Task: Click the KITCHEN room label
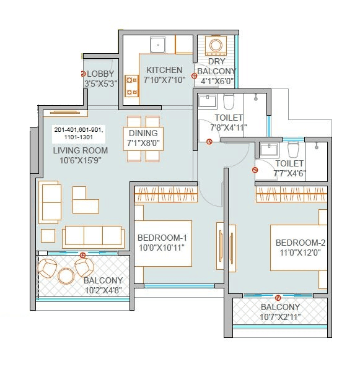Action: (164, 70)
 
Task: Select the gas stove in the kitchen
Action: (131, 86)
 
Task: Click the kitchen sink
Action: (158, 44)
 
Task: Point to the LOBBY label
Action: (101, 74)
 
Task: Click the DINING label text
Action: (144, 133)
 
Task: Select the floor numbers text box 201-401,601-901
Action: (80, 133)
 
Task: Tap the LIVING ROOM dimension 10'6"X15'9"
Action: (81, 160)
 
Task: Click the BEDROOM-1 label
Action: (162, 238)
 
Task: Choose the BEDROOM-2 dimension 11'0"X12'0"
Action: (301, 252)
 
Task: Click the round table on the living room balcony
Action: (66, 275)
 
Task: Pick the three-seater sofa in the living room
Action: (93, 235)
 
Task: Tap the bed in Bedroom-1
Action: (163, 242)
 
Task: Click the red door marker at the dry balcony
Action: (195, 76)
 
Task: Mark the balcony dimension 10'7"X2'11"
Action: (280, 317)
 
